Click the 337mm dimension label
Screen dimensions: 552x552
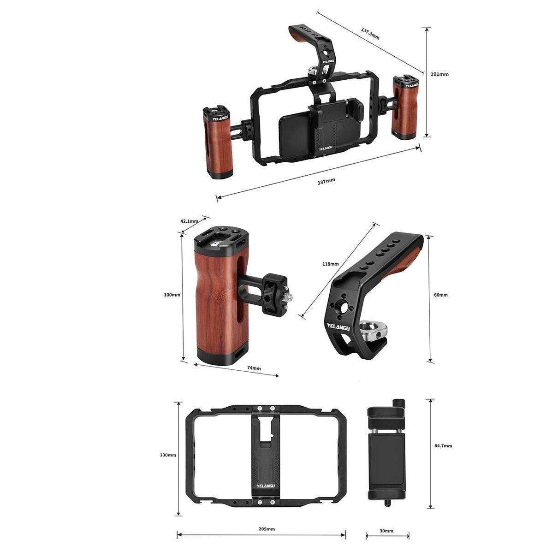coord(326,181)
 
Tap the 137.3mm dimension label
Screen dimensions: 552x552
coord(370,34)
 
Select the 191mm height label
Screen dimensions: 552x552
coord(439,74)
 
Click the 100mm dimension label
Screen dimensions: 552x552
coord(172,295)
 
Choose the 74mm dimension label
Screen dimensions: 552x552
coord(254,368)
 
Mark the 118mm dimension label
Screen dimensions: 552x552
coord(330,264)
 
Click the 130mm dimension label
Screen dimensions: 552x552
coord(168,455)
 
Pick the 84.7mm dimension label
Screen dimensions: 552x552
coord(443,445)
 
